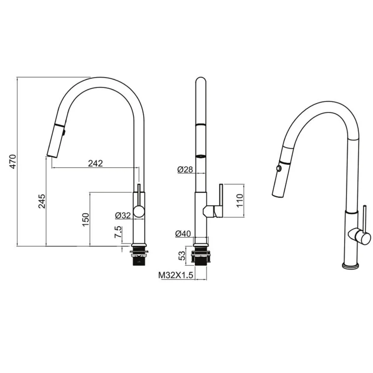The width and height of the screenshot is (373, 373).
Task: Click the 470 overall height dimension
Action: [13, 161]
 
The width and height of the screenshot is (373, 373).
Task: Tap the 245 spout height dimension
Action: [41, 201]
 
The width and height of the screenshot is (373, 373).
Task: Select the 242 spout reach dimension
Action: [96, 163]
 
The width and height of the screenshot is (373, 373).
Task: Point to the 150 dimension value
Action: [85, 220]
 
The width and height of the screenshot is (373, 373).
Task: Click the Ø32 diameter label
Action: [123, 215]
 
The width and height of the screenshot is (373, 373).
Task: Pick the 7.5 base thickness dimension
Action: [118, 232]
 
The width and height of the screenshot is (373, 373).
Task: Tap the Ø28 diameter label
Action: [185, 169]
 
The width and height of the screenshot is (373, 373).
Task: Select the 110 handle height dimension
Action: [240, 200]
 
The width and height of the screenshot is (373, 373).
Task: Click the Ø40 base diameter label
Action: [183, 234]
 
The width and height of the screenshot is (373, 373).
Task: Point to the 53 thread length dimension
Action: [181, 256]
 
